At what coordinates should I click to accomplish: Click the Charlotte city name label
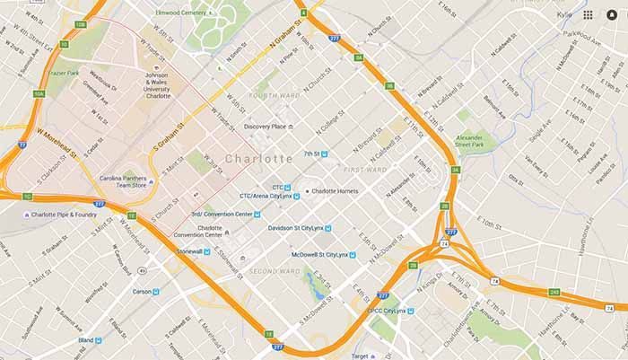(259, 159)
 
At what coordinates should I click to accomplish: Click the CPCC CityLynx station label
(388, 311)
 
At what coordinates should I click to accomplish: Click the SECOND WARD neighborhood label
(275, 271)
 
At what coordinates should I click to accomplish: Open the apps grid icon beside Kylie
(588, 15)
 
